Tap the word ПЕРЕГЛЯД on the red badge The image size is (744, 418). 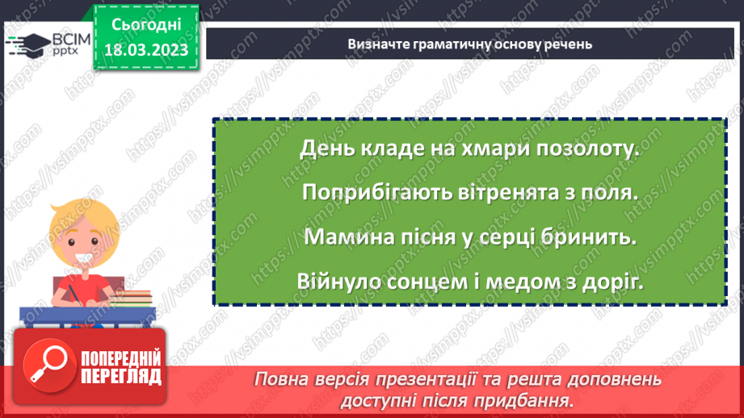coord(122,375)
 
